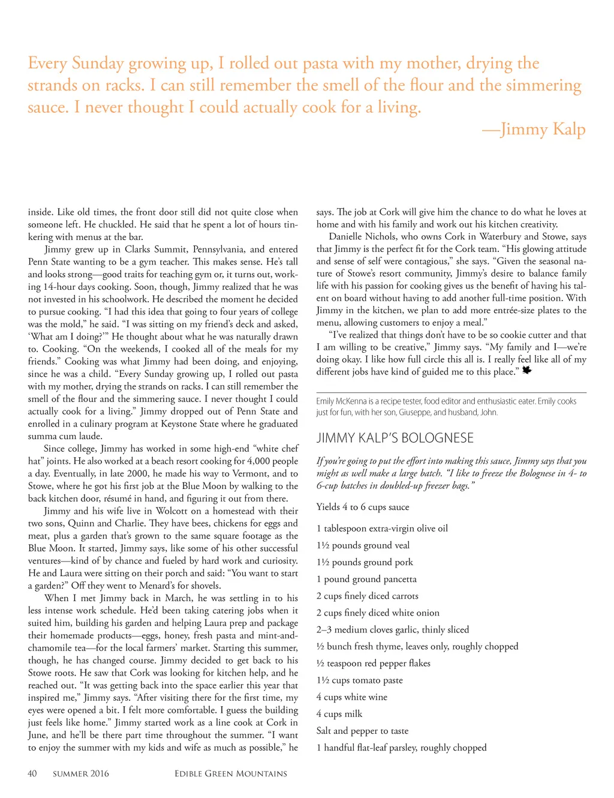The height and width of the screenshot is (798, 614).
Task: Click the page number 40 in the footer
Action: pos(32,773)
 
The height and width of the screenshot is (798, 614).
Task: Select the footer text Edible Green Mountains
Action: pos(231,773)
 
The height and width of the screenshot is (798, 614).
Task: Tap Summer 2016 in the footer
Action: pos(81,773)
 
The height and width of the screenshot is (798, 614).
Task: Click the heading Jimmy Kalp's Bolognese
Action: pos(395,438)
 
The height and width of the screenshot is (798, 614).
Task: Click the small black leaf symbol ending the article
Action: pos(526,370)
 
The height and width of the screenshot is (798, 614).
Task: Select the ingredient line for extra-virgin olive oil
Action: pos(382,529)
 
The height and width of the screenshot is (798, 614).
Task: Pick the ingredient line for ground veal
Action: pos(363,545)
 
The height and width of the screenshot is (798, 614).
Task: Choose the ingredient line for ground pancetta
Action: pos(366,579)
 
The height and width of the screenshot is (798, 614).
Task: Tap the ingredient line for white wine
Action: pos(352,697)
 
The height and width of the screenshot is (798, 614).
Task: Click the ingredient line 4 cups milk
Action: pos(339,714)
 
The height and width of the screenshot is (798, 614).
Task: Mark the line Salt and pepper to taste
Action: pos(362,731)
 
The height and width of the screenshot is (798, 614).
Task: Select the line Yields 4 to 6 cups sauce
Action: pos(363,507)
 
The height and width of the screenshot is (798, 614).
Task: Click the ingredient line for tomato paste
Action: pos(360,680)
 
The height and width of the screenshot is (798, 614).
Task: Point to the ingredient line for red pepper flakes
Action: pos(374,664)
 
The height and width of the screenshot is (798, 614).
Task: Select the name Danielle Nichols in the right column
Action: pos(363,236)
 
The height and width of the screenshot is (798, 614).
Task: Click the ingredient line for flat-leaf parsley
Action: pos(402,748)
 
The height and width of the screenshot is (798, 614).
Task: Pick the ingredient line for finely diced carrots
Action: pos(368,596)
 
